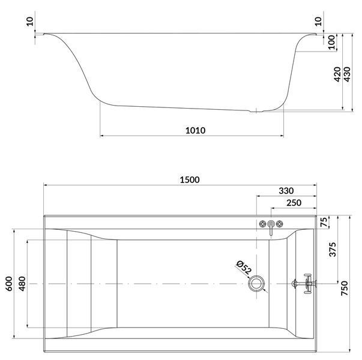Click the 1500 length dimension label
point(190,179)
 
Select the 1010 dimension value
point(195,130)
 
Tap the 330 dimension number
point(286,191)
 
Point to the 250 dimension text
point(294,203)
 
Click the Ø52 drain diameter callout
point(244,267)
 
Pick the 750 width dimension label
point(344,288)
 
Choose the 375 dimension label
point(333,249)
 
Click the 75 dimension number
point(324,222)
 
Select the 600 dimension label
point(9,284)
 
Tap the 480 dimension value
point(22,284)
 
